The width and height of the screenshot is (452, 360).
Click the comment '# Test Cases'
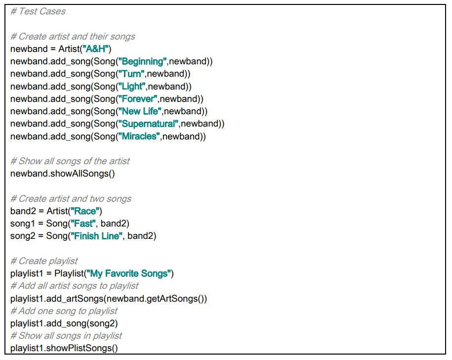38,11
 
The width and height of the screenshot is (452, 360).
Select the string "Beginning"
143,61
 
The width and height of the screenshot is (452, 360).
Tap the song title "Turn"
132,74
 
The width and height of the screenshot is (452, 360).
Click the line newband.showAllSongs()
62,174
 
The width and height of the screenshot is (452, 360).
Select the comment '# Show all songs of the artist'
70,161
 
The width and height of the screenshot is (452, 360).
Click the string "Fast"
83,224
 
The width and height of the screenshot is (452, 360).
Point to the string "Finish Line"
97,236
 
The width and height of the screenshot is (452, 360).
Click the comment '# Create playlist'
44,261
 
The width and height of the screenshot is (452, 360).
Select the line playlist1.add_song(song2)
64,323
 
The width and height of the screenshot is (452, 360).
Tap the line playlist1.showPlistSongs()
64,348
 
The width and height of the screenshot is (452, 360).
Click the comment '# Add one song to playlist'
64,311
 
